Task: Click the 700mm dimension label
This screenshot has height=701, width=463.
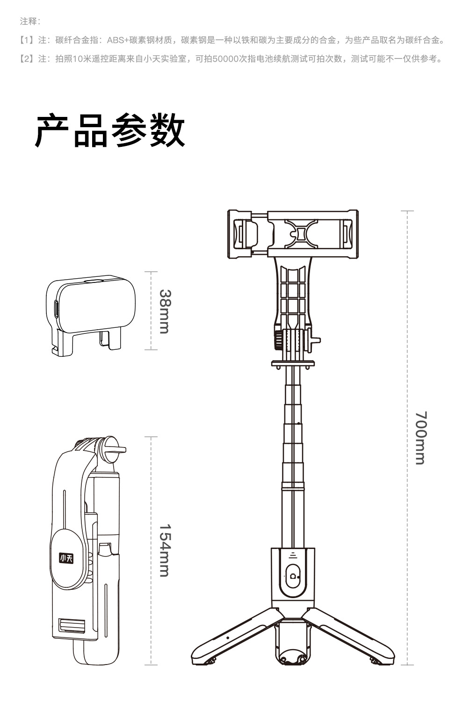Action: [x=421, y=438]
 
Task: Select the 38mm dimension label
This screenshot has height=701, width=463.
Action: [x=164, y=311]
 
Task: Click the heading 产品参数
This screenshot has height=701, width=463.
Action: [x=110, y=131]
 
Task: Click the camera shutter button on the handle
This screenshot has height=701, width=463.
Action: [x=293, y=576]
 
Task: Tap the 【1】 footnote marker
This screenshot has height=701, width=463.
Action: [x=27, y=40]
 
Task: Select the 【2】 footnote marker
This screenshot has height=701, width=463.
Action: [x=27, y=59]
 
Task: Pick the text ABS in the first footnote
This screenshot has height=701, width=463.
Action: [x=114, y=40]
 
